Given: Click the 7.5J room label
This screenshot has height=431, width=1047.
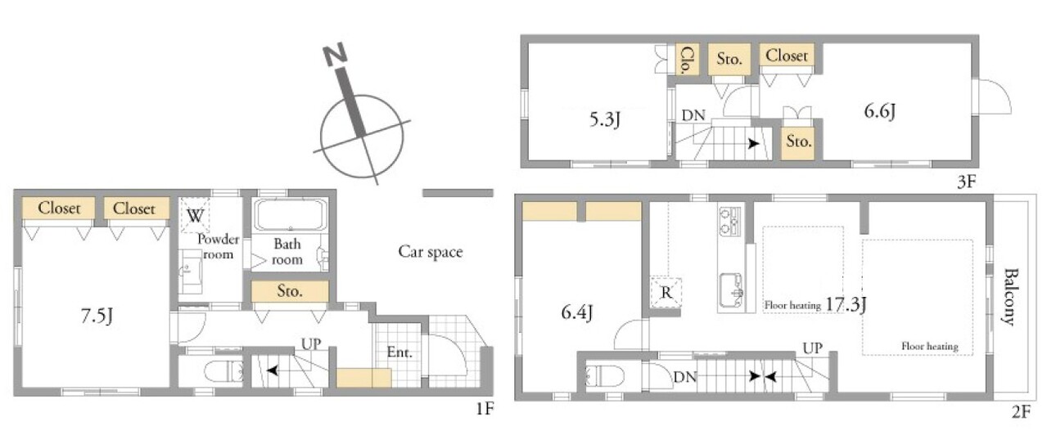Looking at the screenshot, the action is [x=97, y=317].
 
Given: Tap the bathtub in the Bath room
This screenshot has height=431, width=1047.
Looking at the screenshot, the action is [x=290, y=215].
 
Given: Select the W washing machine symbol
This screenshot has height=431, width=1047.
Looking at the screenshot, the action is [x=195, y=215].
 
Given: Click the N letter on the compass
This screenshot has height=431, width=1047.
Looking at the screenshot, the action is [x=335, y=53].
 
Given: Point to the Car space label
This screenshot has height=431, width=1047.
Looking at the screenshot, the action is [x=431, y=251].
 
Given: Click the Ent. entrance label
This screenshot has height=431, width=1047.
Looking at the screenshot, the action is [x=399, y=352].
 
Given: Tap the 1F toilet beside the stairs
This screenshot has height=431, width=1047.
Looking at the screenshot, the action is [x=223, y=371].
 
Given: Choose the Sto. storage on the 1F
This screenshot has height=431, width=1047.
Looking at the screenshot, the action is [x=290, y=291].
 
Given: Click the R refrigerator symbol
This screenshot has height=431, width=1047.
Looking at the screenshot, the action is [x=666, y=293].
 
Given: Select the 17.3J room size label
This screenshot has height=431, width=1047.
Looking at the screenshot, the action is [x=846, y=304].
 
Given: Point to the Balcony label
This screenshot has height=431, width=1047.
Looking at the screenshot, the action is [x=1010, y=297].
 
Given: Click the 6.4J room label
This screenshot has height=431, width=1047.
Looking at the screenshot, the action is [x=577, y=312].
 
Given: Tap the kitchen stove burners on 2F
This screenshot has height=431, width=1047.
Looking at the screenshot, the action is [x=730, y=222].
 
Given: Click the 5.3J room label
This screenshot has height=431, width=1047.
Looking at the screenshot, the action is [x=605, y=119].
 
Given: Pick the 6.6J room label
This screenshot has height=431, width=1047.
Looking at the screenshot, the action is [x=880, y=111].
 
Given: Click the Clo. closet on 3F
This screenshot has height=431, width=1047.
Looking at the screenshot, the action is [x=687, y=60].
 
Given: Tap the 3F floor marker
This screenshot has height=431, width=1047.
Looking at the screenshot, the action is [x=967, y=182].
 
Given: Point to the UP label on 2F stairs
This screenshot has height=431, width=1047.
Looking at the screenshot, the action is [x=813, y=348].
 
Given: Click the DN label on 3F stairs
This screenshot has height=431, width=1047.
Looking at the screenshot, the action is [x=693, y=115].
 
